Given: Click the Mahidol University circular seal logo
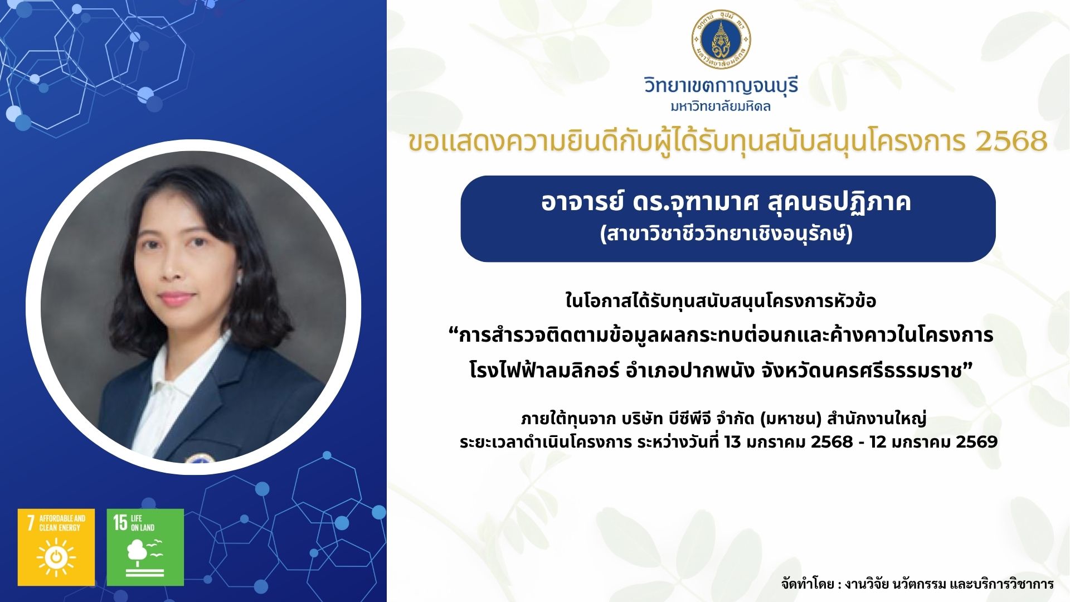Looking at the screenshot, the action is (x=721, y=40).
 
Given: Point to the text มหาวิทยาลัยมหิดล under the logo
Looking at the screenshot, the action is (x=721, y=106).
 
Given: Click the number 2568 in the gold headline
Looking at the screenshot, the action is (x=1011, y=141).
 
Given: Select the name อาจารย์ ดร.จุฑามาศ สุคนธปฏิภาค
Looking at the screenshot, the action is (x=726, y=202).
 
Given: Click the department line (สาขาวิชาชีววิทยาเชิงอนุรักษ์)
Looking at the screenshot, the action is (x=726, y=234).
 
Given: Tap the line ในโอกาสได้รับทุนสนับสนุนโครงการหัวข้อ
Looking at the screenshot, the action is (x=721, y=301).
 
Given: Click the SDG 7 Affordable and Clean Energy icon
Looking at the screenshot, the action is (x=56, y=547).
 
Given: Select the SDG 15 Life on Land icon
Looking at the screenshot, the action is (x=145, y=547).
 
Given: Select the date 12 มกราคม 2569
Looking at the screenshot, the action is (x=933, y=442).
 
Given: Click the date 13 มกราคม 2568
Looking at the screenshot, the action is (x=788, y=442).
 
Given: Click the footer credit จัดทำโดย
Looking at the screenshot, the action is (x=808, y=584).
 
